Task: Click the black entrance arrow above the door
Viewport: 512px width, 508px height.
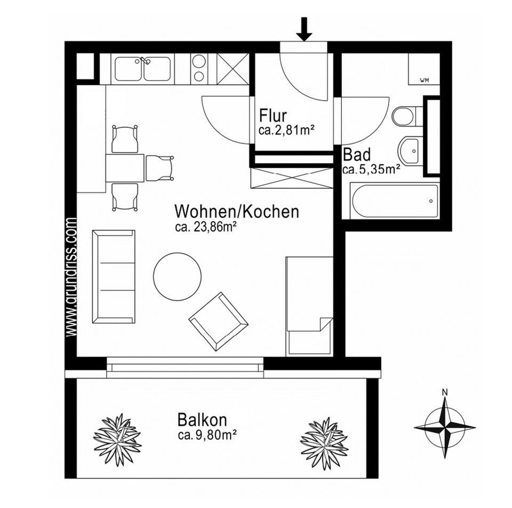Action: (305, 29)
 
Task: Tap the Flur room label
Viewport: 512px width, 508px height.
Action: (273, 116)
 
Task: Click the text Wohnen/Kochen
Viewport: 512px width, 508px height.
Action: (236, 212)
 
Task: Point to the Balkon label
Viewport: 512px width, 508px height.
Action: (202, 420)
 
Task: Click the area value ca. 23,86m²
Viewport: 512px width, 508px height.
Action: (205, 227)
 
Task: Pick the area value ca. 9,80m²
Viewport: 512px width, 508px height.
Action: (207, 435)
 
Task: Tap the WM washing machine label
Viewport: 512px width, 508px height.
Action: (425, 80)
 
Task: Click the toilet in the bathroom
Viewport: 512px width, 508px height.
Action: (406, 116)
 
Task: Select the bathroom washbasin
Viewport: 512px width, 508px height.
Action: (411, 151)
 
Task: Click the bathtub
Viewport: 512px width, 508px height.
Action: (395, 200)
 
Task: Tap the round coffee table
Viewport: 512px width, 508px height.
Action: (177, 276)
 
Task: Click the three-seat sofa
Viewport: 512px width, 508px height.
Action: (114, 277)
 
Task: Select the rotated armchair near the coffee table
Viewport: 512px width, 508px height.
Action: (218, 321)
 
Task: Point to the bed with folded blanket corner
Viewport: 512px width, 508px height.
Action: (309, 305)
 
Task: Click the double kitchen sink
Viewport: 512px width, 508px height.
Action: (142, 69)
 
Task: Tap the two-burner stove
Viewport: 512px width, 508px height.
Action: (199, 69)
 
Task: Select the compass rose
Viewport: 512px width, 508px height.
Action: (445, 427)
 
